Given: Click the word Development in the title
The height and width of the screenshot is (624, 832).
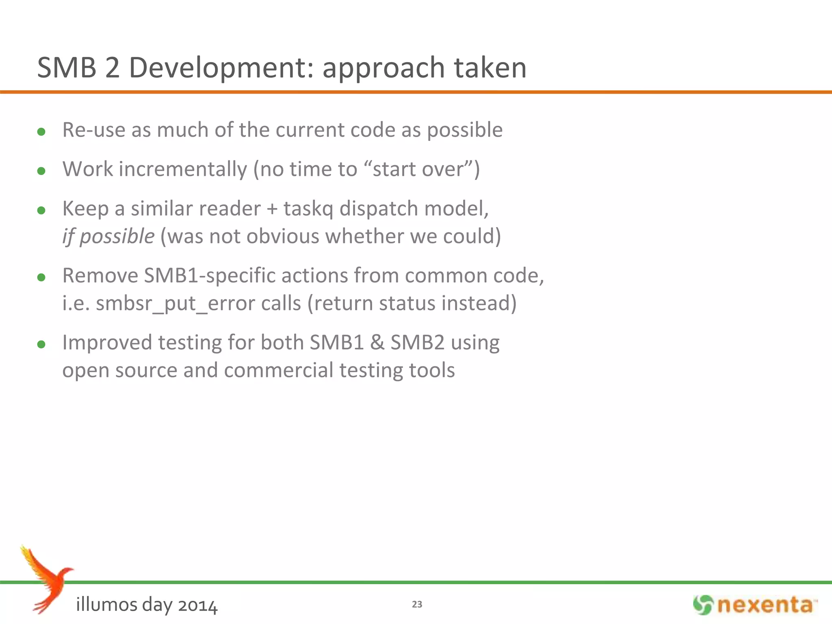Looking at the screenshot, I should (x=221, y=68).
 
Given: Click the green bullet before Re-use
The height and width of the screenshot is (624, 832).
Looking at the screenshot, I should (x=41, y=132).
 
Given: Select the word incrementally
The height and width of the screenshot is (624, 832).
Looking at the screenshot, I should (x=183, y=169).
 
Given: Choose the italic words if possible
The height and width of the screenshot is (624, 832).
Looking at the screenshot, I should (x=108, y=236).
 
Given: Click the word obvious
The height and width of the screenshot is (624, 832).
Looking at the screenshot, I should (x=283, y=236).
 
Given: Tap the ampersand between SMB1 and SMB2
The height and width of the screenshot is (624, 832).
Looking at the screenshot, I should (x=377, y=343).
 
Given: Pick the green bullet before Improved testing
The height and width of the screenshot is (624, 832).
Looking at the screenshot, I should (x=41, y=345).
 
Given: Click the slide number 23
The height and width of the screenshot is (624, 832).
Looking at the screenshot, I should (x=417, y=604).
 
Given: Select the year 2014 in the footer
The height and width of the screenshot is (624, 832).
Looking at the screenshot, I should (x=197, y=605).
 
